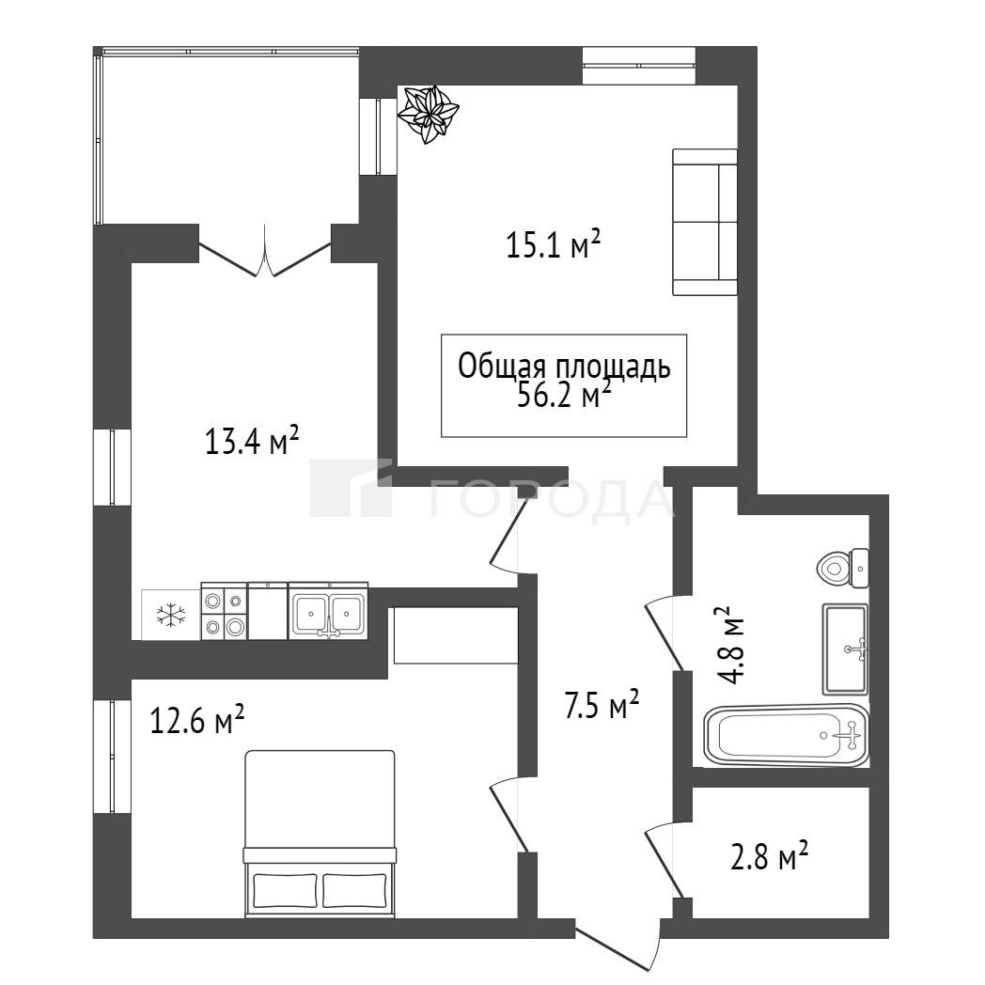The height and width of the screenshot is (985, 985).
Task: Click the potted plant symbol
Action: coord(428,115)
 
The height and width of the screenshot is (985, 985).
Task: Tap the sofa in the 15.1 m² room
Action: coord(704,222)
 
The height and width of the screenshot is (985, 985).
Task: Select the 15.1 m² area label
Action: coord(554,244)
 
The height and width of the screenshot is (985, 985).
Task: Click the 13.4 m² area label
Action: coord(251,441)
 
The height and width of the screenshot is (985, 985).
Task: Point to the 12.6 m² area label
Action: coord(196,719)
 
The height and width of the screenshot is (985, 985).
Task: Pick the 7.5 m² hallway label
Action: coord(602,705)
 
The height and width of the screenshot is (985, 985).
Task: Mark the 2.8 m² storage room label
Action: coord(769,857)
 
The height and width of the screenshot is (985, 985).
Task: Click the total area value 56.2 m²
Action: coord(564,395)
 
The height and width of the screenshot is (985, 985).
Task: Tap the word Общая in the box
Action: coord(497,367)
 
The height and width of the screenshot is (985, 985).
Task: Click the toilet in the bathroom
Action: coord(843,569)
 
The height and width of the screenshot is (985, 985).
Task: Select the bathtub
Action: coord(786,735)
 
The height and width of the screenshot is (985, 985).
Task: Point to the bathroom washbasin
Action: coord(846,649)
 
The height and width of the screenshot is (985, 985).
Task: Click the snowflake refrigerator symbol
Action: coord(170,615)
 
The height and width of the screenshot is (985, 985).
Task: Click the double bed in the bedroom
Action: coord(320,834)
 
